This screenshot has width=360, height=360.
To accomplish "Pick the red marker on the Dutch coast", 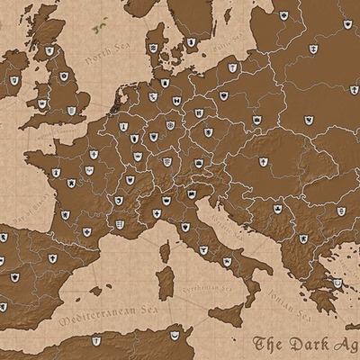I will (x=111, y=103).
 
